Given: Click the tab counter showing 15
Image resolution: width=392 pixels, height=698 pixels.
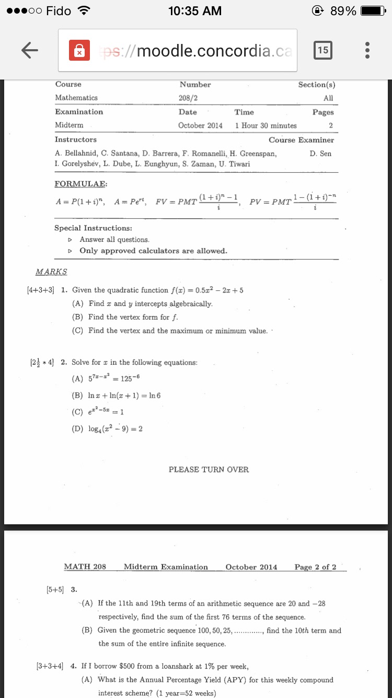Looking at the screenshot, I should [x=323, y=50].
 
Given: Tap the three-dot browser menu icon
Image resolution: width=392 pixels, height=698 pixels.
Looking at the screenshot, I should [x=367, y=50].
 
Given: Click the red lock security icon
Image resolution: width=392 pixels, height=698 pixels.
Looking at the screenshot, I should [x=78, y=51].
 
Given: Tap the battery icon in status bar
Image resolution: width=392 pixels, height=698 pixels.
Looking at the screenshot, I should [x=373, y=11].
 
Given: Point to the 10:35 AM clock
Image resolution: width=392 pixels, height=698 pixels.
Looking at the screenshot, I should [x=195, y=11].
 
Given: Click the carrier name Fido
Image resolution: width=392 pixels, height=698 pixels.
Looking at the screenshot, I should [x=59, y=11].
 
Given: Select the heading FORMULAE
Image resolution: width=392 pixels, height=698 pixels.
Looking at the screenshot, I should [x=80, y=184].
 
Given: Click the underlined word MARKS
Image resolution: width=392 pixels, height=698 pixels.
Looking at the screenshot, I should [x=51, y=272].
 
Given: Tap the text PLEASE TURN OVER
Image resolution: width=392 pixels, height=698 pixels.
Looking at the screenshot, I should [x=209, y=469].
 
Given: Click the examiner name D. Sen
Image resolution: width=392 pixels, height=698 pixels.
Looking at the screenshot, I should [x=320, y=153].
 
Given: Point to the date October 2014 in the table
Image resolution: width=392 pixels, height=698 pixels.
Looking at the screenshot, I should [x=200, y=126].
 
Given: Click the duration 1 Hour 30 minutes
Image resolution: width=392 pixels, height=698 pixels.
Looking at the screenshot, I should [x=266, y=126].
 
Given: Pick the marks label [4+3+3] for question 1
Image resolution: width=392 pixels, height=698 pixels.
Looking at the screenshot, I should [x=40, y=290].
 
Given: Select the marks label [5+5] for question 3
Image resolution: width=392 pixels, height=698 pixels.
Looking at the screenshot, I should [x=55, y=589].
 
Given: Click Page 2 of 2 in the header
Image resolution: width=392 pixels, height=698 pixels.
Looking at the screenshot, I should [x=315, y=567].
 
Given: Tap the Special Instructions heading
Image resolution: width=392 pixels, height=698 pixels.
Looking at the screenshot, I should [x=93, y=228].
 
